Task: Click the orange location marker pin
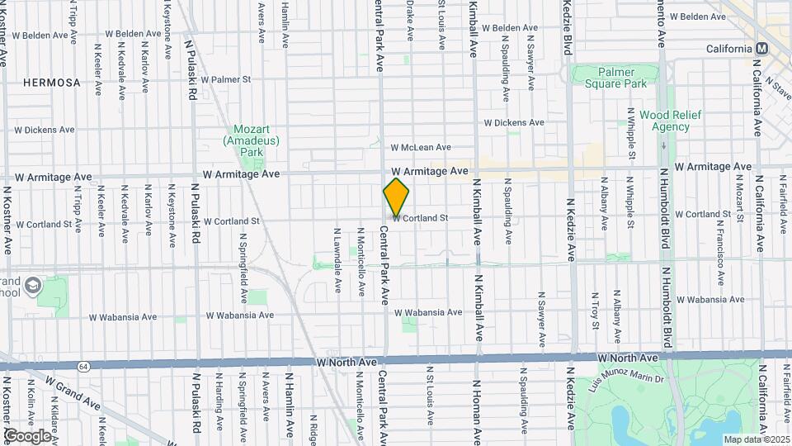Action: pos(396,197)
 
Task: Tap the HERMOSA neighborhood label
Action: pos(51,83)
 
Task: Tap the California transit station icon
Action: pos(761,49)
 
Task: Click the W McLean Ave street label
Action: pos(421,147)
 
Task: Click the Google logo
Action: pos(28,435)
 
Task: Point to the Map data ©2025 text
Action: pos(757,439)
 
